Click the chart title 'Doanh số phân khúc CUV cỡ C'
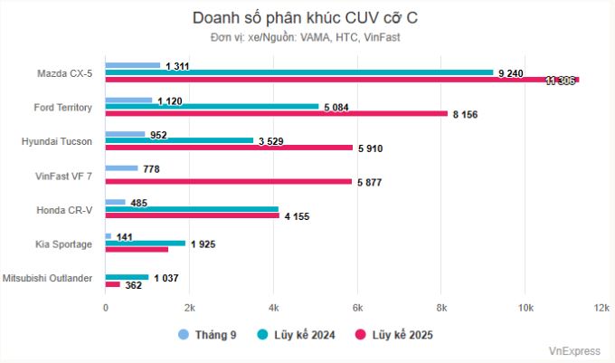(307, 18)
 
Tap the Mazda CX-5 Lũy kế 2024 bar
(299, 72)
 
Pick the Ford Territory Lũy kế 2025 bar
(277, 114)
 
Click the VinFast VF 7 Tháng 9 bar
(122, 168)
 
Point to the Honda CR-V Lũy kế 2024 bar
(193, 209)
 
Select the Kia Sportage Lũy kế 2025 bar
(137, 250)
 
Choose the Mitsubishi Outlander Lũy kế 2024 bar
(128, 277)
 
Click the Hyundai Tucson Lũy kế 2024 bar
(180, 140)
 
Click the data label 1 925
(203, 244)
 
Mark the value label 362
(135, 285)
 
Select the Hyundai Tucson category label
(57, 141)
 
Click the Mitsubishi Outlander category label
(48, 278)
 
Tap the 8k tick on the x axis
(440, 309)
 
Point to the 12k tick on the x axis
(602, 309)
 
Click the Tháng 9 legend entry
(207, 335)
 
